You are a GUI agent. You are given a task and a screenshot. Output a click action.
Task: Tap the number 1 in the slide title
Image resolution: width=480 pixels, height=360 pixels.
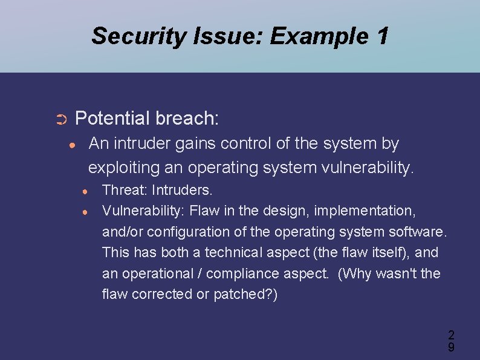(381, 36)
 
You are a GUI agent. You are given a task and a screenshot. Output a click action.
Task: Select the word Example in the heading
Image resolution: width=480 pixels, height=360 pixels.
(319, 36)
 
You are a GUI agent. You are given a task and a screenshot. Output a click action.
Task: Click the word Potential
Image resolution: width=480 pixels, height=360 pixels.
(112, 118)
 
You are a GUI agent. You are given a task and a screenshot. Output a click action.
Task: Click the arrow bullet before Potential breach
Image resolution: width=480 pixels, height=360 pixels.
(60, 119)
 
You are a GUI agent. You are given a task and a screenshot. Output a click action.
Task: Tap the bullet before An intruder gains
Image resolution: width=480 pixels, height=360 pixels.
(72, 145)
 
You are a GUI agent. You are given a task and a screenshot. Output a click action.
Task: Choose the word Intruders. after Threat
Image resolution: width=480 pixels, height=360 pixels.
(182, 191)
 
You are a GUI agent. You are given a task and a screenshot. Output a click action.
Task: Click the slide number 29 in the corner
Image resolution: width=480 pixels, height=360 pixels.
(451, 341)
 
